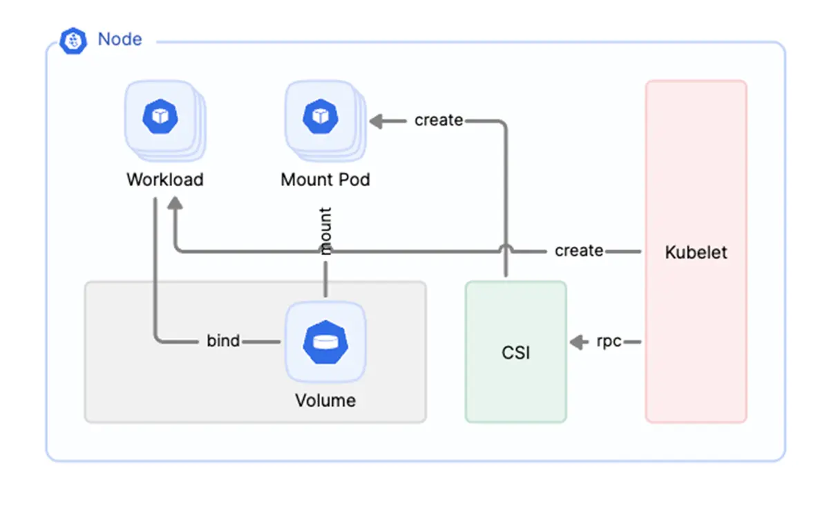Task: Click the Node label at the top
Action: [120, 39]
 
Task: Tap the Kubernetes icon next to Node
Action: [73, 41]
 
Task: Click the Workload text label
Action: [165, 180]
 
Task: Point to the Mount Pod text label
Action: [325, 180]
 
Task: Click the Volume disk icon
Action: [325, 342]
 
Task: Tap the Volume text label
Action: [325, 400]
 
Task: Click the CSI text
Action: [516, 353]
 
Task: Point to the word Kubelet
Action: [696, 252]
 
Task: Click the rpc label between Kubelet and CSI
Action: [609, 341]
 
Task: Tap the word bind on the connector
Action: [223, 341]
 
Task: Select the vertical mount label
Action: [325, 231]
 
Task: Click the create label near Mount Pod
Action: [439, 120]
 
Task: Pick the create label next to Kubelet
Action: [579, 250]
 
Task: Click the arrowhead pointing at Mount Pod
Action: [377, 122]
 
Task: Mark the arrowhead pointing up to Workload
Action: [175, 203]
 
